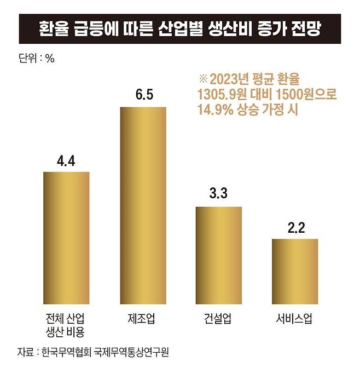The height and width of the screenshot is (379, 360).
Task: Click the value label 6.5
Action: (143, 94)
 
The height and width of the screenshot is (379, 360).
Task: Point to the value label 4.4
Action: (66, 161)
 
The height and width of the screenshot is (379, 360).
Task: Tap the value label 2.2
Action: (295, 227)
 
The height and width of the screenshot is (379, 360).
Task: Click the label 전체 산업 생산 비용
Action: (66, 325)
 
